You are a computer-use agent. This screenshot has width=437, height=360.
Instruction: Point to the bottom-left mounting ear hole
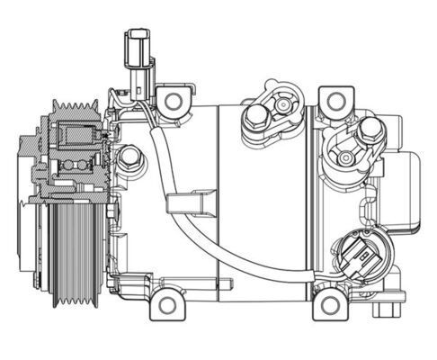(x=167, y=304)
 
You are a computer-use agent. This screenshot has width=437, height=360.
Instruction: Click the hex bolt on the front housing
(x=132, y=160)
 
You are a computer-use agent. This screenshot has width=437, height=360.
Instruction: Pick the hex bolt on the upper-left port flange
(x=255, y=114)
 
